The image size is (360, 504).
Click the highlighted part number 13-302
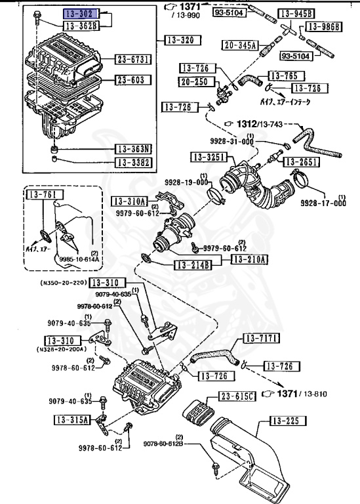pos(80,13)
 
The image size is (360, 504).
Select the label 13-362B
pos(80,26)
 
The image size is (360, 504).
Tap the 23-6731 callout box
pos(133,60)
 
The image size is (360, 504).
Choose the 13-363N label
pos(133,149)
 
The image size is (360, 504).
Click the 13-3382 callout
pos(133,162)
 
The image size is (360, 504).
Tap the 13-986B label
pos(327,27)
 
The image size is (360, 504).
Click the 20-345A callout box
pos(239,45)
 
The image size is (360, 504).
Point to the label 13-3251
pos(209,157)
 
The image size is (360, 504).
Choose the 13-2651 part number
pos(301,161)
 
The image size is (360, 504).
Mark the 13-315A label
pos(64,418)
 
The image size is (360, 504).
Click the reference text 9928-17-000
pos(323,203)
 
